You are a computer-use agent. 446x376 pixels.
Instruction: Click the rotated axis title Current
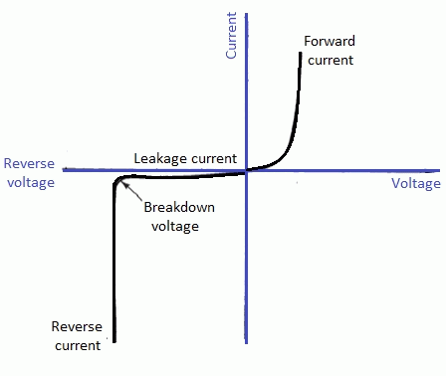[231, 37]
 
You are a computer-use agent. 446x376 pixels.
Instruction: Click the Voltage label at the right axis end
[415, 184]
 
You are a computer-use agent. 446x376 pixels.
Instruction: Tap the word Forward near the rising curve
[329, 43]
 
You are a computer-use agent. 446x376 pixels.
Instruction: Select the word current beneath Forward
[330, 60]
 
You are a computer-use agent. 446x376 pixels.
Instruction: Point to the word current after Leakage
[216, 158]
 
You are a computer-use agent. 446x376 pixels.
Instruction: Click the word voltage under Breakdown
[176, 226]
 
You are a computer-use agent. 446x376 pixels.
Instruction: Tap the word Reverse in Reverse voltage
[28, 164]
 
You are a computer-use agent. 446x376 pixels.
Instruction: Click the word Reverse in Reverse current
[76, 327]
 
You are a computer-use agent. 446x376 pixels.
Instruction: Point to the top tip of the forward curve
[300, 53]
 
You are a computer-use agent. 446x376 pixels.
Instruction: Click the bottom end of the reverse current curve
[114, 341]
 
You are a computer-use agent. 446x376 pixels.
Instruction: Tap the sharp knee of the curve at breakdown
[116, 181]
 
